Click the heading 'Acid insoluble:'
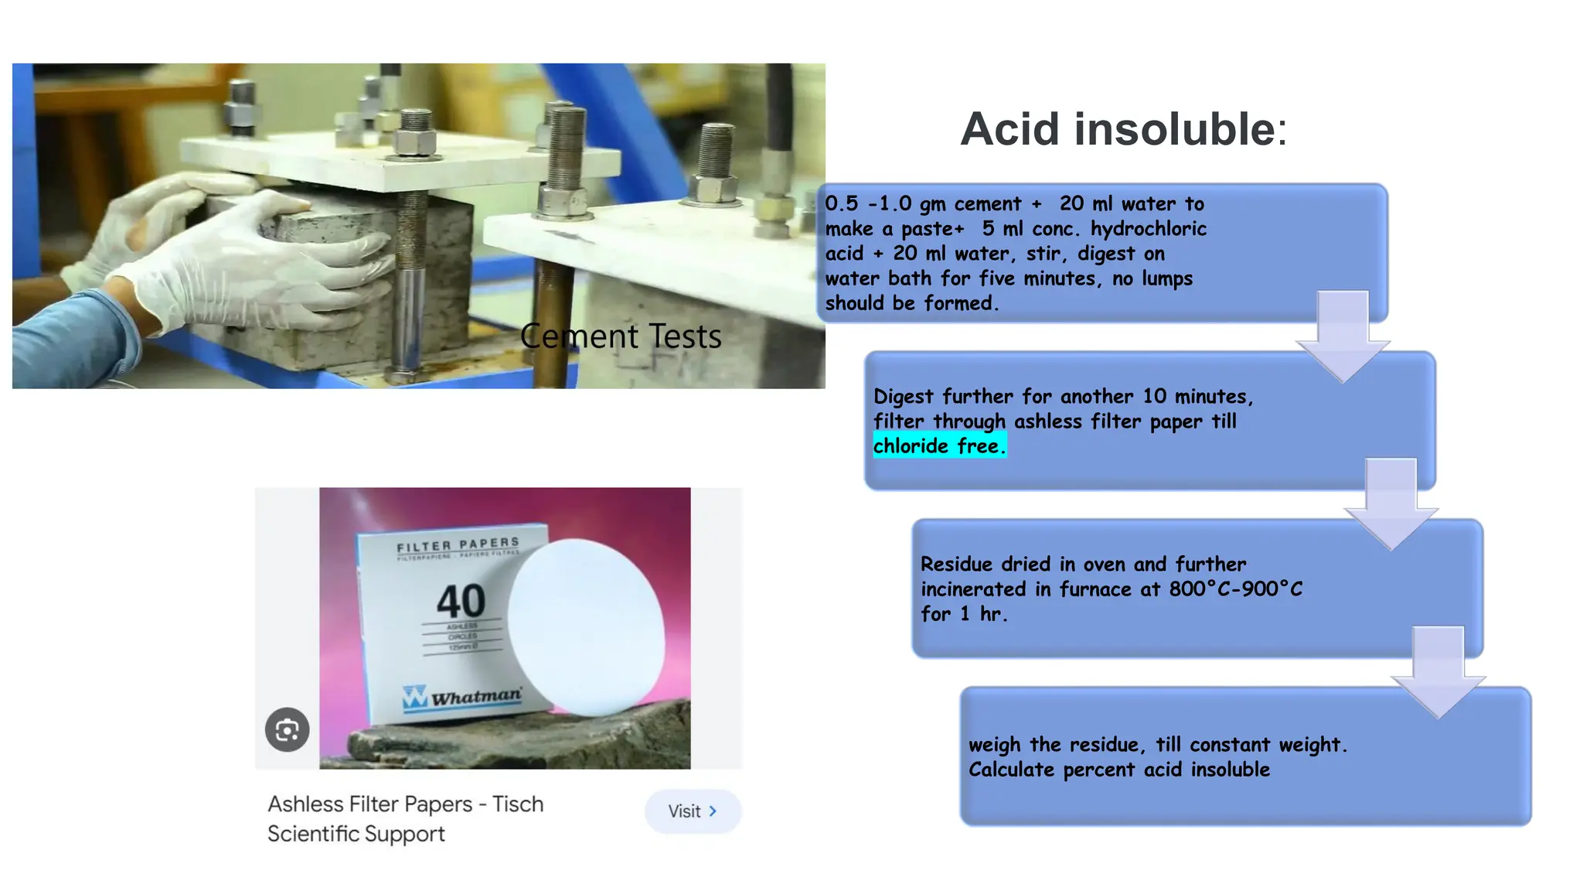pos(1123,129)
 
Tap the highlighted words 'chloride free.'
pos(939,446)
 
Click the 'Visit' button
pos(693,811)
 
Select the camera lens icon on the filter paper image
pos(288,729)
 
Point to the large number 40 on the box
pos(461,601)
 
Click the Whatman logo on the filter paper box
pos(462,696)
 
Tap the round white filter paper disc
pos(586,626)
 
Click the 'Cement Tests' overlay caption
pos(621,336)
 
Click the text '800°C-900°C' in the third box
pos(1235,589)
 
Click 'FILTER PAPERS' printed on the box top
pos(458,545)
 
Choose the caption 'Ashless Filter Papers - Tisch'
pos(406,804)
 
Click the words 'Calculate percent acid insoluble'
pos(1118,770)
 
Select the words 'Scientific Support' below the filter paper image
pos(356,834)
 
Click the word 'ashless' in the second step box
pos(1047,422)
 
